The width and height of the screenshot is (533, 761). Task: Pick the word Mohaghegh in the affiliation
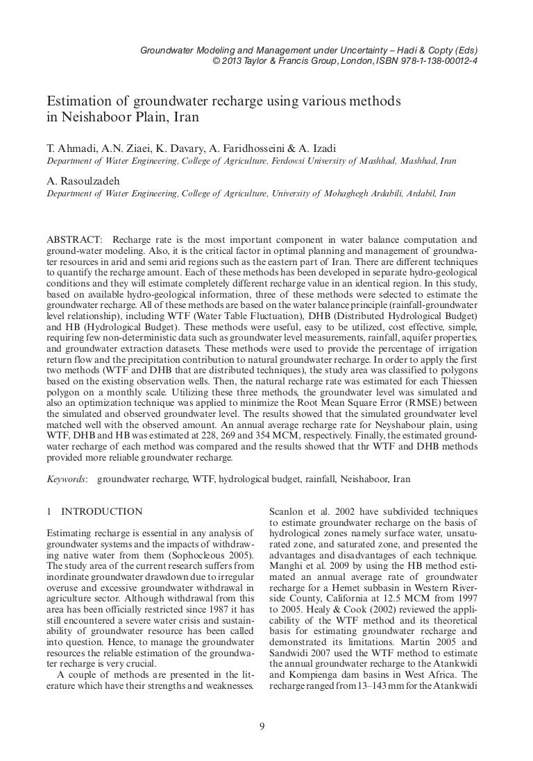tap(341, 194)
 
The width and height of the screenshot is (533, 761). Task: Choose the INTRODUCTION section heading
tap(102, 512)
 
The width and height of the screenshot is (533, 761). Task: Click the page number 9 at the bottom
tap(261, 727)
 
